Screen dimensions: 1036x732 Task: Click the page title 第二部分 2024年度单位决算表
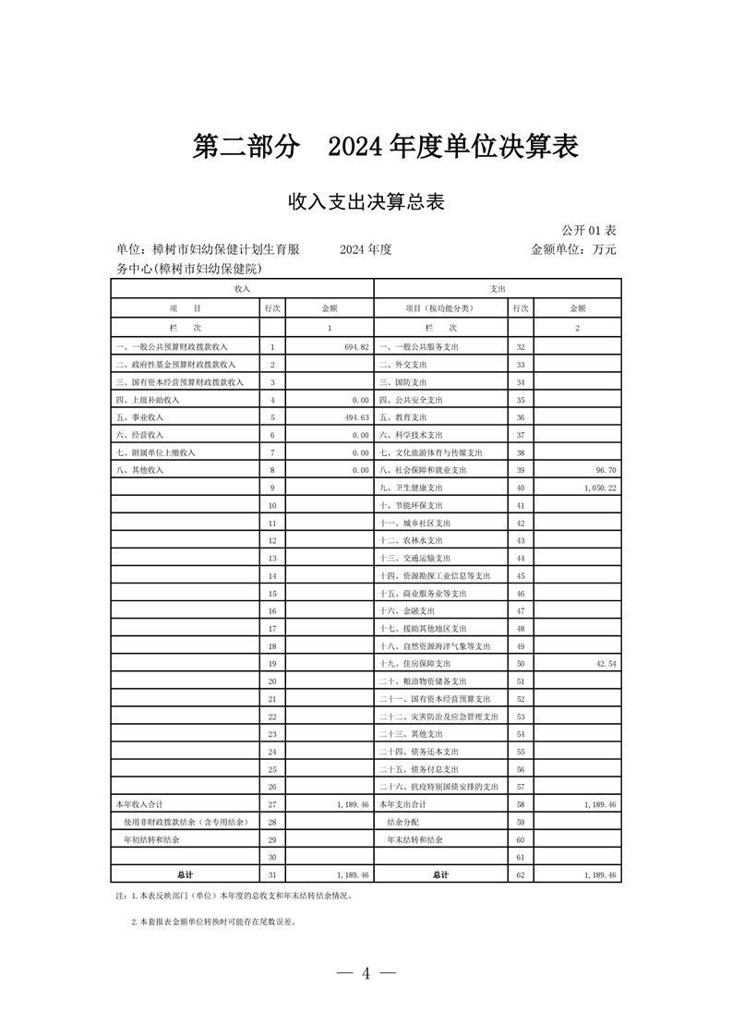385,147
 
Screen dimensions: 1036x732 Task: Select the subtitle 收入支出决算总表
366,202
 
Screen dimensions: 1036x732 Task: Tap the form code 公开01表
588,229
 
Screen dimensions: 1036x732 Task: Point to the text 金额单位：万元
572,249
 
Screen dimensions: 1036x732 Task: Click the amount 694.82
354,346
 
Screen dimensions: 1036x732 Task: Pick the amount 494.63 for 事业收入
354,417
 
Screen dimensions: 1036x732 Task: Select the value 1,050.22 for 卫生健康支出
600,488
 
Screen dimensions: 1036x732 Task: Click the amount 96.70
605,470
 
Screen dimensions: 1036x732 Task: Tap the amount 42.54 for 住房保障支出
605,664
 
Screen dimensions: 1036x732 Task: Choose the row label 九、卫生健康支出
412,488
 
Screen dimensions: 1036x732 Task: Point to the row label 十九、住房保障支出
415,664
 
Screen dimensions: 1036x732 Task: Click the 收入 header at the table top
242,289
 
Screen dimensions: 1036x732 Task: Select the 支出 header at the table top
498,289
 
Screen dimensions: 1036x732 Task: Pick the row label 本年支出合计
404,805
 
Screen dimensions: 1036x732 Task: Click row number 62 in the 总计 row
521,874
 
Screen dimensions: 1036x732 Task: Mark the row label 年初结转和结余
151,840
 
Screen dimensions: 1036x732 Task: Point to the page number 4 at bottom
366,972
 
